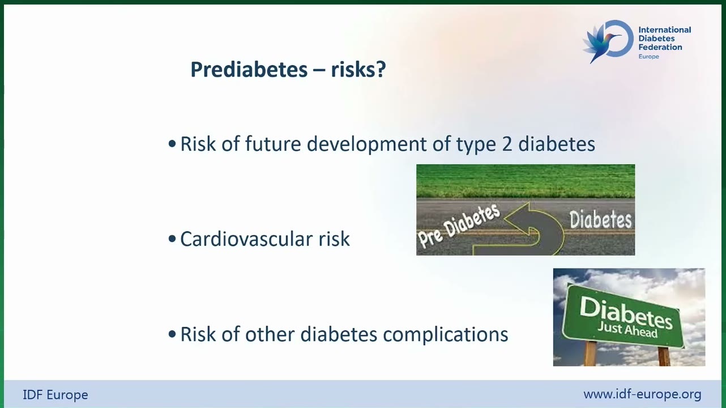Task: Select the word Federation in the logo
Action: pos(660,47)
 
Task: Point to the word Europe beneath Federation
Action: pos(648,57)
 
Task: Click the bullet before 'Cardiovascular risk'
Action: pos(172,239)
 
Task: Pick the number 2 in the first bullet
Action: pos(507,144)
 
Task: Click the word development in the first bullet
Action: pos(366,144)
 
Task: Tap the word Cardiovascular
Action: pos(247,239)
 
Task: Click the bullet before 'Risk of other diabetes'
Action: pos(172,334)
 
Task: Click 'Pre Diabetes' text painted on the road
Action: pos(459,226)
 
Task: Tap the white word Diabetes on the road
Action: pos(601,219)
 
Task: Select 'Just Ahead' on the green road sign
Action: pos(627,330)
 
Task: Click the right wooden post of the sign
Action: pos(664,356)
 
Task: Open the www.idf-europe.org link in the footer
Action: pos(642,394)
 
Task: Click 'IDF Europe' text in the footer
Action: pos(55,395)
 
